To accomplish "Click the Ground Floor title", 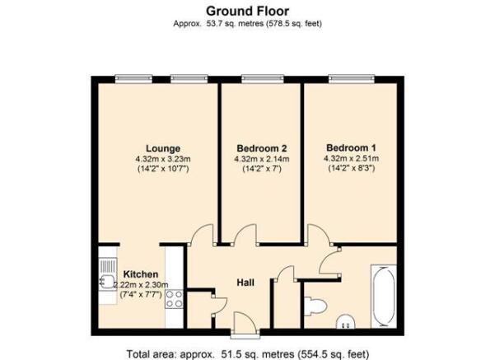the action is (247, 11).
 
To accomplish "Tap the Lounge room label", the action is (163, 148).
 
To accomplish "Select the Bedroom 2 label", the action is (262, 148).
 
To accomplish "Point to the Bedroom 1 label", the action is (351, 147).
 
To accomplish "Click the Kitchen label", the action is (141, 274).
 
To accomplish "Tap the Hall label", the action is (245, 283).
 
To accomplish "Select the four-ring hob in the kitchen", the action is (175, 299).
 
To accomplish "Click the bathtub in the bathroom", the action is (384, 297).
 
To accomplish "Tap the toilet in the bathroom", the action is (315, 306).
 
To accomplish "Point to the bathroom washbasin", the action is (346, 321).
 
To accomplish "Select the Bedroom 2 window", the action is (263, 79).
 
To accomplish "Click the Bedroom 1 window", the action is (352, 79).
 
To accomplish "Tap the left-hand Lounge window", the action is (133, 79).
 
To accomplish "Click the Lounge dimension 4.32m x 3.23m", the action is (163, 158).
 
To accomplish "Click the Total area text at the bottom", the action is (248, 354).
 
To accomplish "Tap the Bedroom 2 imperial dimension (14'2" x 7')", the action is (262, 169).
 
